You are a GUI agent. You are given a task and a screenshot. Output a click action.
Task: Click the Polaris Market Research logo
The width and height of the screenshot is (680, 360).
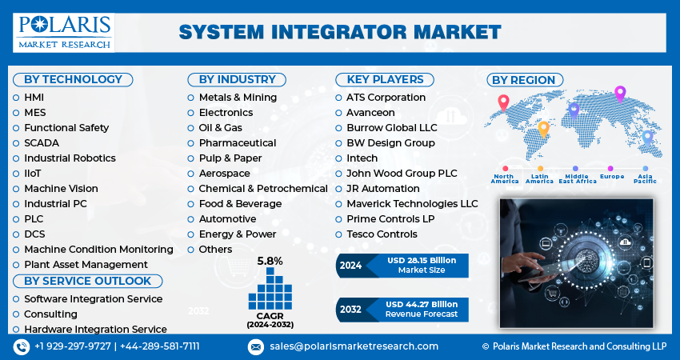[x=64, y=32]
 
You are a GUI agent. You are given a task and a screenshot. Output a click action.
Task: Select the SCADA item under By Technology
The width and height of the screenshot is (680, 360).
[x=41, y=142]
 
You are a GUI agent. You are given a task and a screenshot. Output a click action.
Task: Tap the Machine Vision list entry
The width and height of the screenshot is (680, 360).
[x=61, y=188]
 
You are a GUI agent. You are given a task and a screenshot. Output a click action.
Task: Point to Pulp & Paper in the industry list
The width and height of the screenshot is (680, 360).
[x=230, y=158]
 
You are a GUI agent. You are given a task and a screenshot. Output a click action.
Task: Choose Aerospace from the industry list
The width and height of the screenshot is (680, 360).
[x=224, y=173]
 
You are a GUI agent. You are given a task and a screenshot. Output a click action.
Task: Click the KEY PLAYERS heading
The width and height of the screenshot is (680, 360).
[x=384, y=79]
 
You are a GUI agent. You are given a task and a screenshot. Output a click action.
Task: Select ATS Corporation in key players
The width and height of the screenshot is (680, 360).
[x=386, y=97]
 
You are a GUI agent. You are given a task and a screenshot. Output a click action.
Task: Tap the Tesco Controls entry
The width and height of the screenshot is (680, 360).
[x=382, y=234]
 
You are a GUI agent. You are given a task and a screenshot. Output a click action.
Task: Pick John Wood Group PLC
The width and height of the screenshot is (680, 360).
[x=402, y=173]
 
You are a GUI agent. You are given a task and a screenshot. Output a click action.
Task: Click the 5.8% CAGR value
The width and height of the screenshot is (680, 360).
[x=270, y=261]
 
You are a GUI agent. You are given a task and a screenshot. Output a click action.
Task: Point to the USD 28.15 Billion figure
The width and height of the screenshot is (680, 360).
[x=421, y=260]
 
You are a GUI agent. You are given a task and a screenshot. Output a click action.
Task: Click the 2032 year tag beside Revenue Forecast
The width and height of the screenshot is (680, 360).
[x=351, y=308]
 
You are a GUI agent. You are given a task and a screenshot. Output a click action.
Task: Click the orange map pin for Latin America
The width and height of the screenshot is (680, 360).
[x=543, y=129]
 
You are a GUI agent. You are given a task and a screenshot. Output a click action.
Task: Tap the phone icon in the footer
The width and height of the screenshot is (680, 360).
[x=21, y=346]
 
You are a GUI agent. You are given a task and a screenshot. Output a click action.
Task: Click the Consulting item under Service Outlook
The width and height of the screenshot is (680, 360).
[x=50, y=314]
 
